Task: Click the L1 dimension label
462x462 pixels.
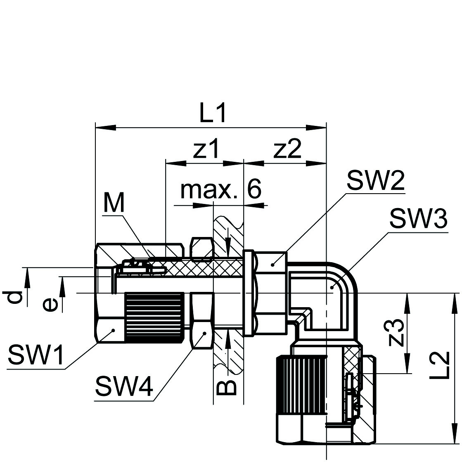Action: [x=213, y=113]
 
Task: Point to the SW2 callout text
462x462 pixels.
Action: [x=375, y=180]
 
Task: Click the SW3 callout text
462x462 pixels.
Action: [x=418, y=219]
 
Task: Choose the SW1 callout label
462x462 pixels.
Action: [x=36, y=355]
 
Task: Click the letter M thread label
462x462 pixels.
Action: [x=114, y=203]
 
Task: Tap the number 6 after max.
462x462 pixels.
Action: [x=254, y=190]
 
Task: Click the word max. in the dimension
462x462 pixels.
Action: [x=209, y=190]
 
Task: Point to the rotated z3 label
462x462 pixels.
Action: [x=396, y=333]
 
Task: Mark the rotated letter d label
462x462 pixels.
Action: [x=15, y=297]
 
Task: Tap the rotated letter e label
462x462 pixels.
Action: [x=50, y=305]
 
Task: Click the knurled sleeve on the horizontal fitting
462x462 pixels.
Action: [x=154, y=317]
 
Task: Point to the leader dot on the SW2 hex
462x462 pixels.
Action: [x=272, y=264]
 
